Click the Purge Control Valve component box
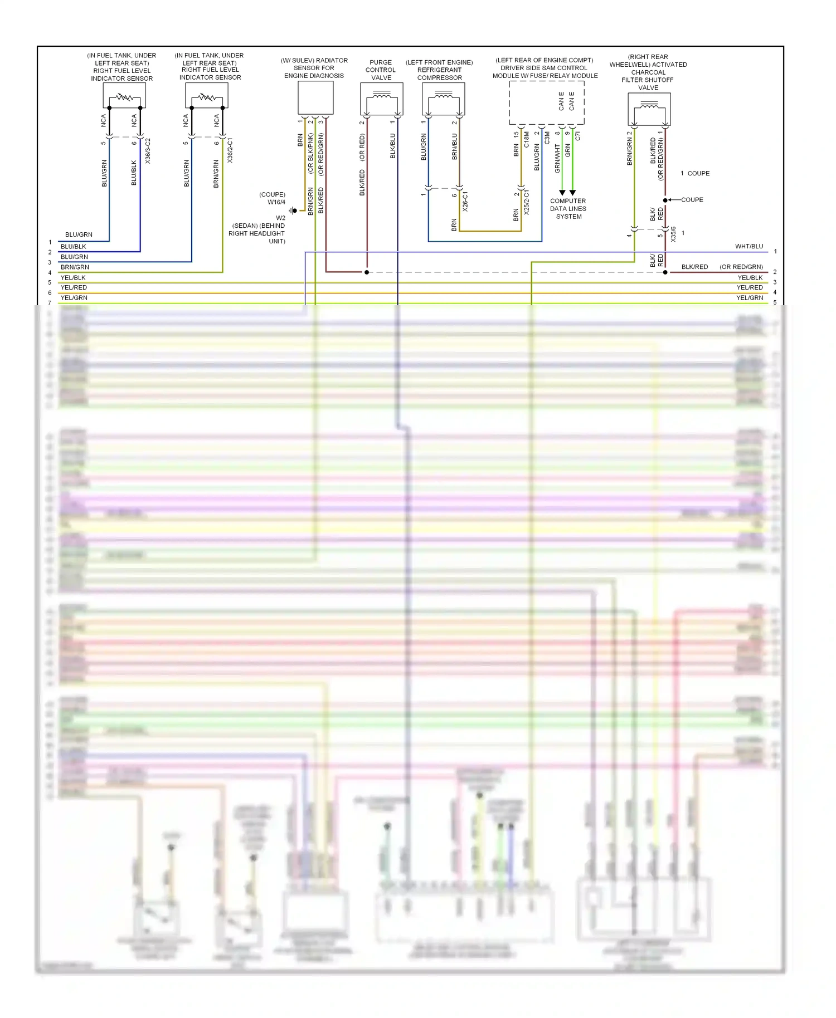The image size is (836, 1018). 381,99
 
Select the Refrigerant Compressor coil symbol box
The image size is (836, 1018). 443,99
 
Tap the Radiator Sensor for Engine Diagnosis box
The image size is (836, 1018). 315,97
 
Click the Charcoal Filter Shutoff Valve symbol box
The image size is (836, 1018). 649,109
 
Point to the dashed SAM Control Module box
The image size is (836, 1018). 546,102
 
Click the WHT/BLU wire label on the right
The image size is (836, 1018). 748,246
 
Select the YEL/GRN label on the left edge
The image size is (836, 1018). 74,298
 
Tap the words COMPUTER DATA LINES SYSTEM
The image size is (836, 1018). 568,209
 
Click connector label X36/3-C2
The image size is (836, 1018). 148,151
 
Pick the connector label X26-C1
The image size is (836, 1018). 465,202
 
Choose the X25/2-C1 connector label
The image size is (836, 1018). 527,203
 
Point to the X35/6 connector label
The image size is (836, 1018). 673,234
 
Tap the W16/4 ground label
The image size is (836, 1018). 276,202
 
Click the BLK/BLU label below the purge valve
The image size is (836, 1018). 392,146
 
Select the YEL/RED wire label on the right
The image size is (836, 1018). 749,287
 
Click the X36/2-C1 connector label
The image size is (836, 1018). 230,151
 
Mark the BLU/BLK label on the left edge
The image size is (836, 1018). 73,247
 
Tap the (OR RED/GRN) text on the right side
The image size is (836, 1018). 741,267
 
